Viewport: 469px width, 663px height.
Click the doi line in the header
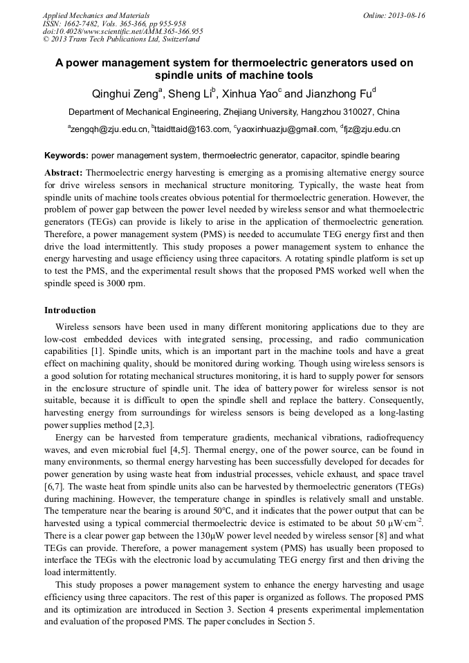122,31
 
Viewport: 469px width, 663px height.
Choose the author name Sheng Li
192,93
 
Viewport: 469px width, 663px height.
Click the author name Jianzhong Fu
338,93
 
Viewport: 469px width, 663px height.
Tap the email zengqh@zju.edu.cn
109,129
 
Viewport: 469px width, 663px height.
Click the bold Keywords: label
66,156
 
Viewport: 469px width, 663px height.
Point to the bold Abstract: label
64,172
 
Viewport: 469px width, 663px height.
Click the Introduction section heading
70,310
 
